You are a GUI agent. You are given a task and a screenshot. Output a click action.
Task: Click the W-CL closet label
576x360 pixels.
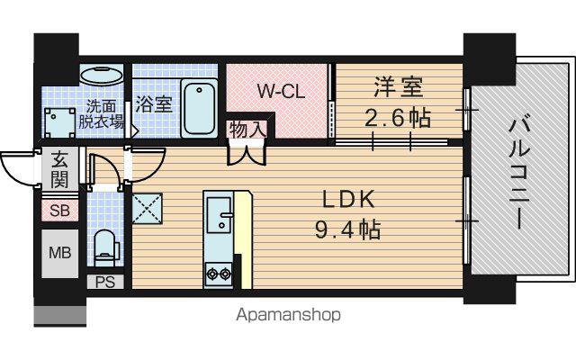(281, 91)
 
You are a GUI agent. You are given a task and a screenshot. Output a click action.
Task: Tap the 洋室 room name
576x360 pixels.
(399, 86)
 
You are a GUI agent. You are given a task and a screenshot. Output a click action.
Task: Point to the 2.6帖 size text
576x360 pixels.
(398, 118)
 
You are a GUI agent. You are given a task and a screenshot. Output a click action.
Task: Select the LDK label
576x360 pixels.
(348, 200)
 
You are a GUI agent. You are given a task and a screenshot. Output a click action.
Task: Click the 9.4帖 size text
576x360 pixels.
(347, 229)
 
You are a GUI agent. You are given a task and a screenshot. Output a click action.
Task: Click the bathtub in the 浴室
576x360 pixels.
(199, 108)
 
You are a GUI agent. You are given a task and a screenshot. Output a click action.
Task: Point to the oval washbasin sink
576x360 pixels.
(102, 76)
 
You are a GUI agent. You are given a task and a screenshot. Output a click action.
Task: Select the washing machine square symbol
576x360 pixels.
(59, 122)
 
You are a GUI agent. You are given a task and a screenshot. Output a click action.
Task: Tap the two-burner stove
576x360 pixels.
(219, 274)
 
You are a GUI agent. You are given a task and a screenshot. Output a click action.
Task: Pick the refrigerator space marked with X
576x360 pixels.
(147, 208)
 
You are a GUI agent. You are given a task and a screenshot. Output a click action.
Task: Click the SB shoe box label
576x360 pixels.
(60, 211)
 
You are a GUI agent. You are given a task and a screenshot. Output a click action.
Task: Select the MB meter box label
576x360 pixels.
(60, 253)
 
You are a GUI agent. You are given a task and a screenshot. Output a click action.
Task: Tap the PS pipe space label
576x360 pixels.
(105, 282)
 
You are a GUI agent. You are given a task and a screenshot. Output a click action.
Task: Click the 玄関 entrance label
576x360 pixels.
(60, 170)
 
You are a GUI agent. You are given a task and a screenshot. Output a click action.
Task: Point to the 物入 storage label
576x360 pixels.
(247, 130)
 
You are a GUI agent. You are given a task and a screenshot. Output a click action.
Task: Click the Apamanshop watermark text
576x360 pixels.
(288, 315)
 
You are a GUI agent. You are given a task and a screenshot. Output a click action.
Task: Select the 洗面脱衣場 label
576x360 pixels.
(101, 114)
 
